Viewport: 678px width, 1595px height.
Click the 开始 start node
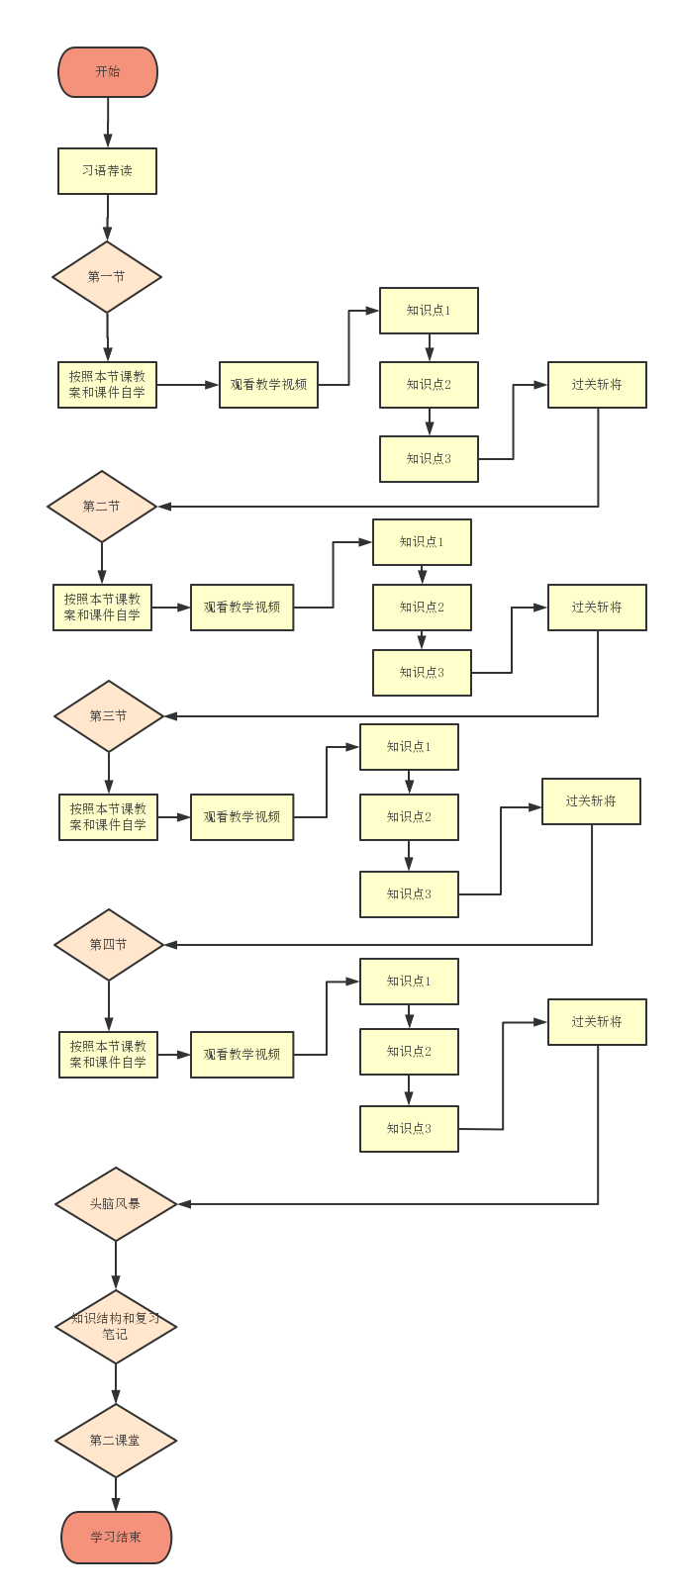(107, 72)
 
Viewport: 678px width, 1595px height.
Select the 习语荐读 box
(107, 171)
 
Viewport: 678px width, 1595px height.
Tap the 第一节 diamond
(107, 277)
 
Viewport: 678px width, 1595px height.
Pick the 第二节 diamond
(102, 507)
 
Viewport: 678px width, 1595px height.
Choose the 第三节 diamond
(108, 715)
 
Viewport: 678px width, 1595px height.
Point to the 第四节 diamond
(108, 945)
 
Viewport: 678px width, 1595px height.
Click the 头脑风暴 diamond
(115, 1204)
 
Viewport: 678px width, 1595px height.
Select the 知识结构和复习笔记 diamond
(115, 1327)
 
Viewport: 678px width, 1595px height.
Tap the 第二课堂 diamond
(115, 1441)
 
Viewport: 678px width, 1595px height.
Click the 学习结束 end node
(116, 1538)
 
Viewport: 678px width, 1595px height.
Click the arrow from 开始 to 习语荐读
(107, 123)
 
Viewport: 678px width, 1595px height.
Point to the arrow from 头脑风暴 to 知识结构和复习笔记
(116, 1266)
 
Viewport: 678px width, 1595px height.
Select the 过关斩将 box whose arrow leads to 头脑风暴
(597, 1022)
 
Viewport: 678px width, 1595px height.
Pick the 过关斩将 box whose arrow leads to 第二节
(597, 385)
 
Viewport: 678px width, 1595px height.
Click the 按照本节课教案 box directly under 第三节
(108, 817)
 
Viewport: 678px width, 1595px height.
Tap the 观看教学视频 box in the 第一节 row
(268, 385)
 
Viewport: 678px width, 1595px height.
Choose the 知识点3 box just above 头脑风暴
(409, 1129)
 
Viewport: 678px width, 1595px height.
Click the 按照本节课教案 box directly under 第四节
(108, 1055)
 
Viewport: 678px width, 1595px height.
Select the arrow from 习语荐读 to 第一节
(107, 218)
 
